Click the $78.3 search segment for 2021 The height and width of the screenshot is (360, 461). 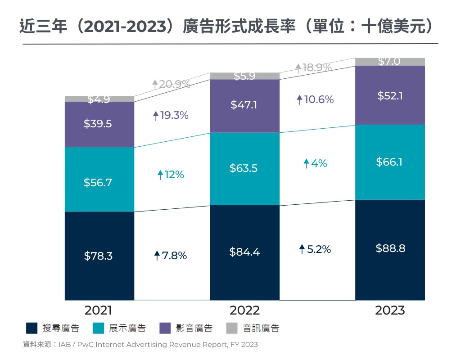[99, 256]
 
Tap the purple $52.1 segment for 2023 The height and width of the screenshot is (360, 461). [390, 95]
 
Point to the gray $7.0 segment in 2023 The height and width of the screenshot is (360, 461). [390, 62]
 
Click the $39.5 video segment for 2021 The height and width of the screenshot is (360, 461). [99, 124]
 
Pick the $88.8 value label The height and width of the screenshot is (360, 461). [390, 248]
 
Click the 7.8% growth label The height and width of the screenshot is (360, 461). [170, 256]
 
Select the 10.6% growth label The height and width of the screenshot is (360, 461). [315, 99]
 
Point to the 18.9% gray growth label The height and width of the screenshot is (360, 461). [314, 68]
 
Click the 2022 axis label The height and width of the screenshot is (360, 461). [244, 310]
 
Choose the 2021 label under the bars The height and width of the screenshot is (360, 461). [99, 310]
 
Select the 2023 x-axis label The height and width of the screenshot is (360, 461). [390, 310]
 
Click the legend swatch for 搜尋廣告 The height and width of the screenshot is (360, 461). [32, 328]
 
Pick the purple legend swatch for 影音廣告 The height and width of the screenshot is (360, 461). [165, 328]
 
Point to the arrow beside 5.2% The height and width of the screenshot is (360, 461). [302, 249]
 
